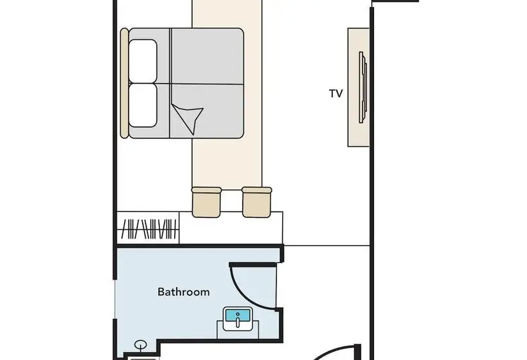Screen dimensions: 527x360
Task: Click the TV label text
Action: (x=335, y=93)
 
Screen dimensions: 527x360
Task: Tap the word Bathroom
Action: (x=184, y=292)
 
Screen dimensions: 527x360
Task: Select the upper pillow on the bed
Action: (x=143, y=61)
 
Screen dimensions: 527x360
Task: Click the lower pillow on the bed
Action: (x=143, y=105)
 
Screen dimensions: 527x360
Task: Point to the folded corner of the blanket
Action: (x=189, y=118)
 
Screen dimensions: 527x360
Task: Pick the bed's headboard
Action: (x=124, y=83)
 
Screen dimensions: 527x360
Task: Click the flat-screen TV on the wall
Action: (x=362, y=87)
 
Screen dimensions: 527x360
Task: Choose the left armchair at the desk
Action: (x=206, y=203)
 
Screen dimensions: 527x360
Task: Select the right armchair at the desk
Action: (x=257, y=203)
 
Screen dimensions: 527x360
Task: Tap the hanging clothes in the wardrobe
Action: (x=149, y=229)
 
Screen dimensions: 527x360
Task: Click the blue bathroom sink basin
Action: (x=238, y=316)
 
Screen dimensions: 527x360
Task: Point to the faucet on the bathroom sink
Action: (x=238, y=319)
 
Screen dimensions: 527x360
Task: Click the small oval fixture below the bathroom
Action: (x=140, y=345)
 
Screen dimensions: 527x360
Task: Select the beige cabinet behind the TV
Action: (x=358, y=87)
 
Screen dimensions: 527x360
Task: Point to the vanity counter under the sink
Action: (x=238, y=330)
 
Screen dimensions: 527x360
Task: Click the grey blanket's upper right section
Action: (x=208, y=56)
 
